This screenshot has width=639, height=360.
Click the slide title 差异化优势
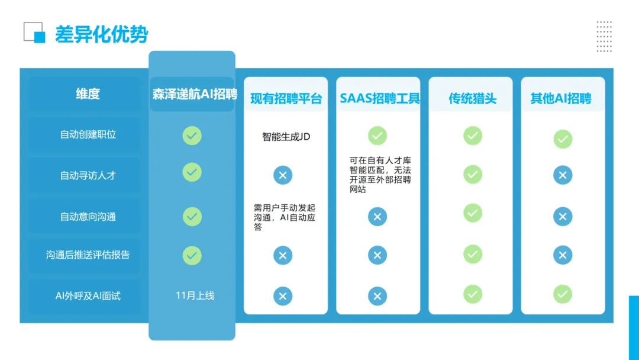coord(101,34)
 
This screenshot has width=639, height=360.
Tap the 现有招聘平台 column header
coord(286,98)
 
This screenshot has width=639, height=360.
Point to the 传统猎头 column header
coord(472,98)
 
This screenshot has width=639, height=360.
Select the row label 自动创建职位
coord(88,134)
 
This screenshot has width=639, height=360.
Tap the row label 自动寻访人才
coord(88,175)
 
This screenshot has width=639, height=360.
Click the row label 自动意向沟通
coord(88,217)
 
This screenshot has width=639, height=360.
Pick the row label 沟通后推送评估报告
coord(88,255)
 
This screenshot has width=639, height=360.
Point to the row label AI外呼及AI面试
coord(88,295)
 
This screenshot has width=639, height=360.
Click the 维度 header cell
coord(88,94)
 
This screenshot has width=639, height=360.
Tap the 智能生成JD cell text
coord(286,137)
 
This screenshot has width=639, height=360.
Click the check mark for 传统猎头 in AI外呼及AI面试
coord(472,294)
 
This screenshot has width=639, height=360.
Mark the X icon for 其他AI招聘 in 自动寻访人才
coord(562,175)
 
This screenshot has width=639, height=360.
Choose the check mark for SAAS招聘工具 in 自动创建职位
coord(377,136)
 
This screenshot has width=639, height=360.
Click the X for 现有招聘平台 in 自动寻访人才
coord(283,175)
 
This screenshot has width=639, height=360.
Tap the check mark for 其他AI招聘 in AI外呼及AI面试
coord(562,294)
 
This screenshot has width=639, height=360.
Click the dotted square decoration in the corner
coord(604,37)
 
